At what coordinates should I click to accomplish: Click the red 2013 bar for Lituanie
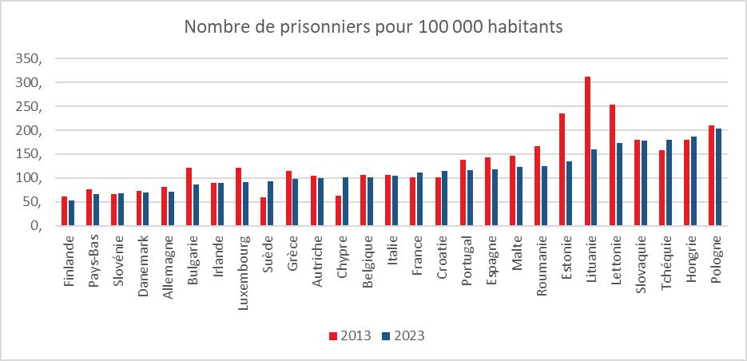click(588, 152)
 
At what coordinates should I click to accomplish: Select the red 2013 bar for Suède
click(264, 212)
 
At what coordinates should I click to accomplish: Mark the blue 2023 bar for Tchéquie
click(669, 183)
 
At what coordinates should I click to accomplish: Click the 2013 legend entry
click(350, 335)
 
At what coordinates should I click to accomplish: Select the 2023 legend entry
click(403, 335)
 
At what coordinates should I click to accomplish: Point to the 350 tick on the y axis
click(24, 59)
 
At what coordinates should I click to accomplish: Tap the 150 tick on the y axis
click(24, 154)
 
